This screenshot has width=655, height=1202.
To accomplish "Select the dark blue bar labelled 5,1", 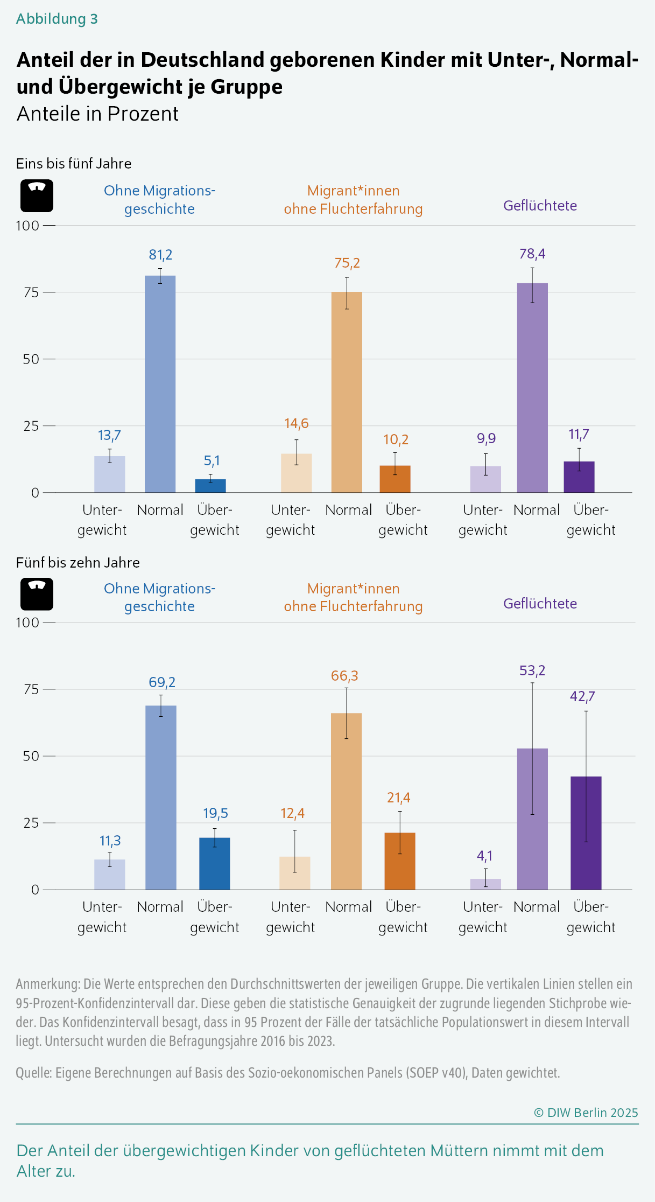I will point(210,486).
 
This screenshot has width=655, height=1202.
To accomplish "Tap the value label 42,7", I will point(582,696).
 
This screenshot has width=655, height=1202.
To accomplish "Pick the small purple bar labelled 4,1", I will point(485,884).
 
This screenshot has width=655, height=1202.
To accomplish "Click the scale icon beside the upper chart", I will point(37,195).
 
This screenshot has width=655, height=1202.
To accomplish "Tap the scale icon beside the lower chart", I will point(37,594).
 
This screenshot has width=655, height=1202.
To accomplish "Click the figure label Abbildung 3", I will point(57,19).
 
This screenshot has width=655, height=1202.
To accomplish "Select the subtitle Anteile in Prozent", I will point(97,114).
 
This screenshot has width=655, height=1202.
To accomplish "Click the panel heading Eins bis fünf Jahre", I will point(74,164).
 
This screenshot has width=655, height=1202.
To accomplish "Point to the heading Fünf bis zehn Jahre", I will point(78,563).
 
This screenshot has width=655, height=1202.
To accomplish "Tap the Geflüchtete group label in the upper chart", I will point(540,206).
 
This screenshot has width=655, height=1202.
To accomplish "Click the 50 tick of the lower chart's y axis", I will point(31,756).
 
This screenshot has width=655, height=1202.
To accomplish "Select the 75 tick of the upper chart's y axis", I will point(31,292).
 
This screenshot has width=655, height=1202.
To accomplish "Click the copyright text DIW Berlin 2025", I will point(586,1113).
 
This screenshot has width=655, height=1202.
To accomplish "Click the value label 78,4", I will point(532,254).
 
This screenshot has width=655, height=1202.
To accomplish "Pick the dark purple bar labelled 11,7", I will point(579,477).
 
